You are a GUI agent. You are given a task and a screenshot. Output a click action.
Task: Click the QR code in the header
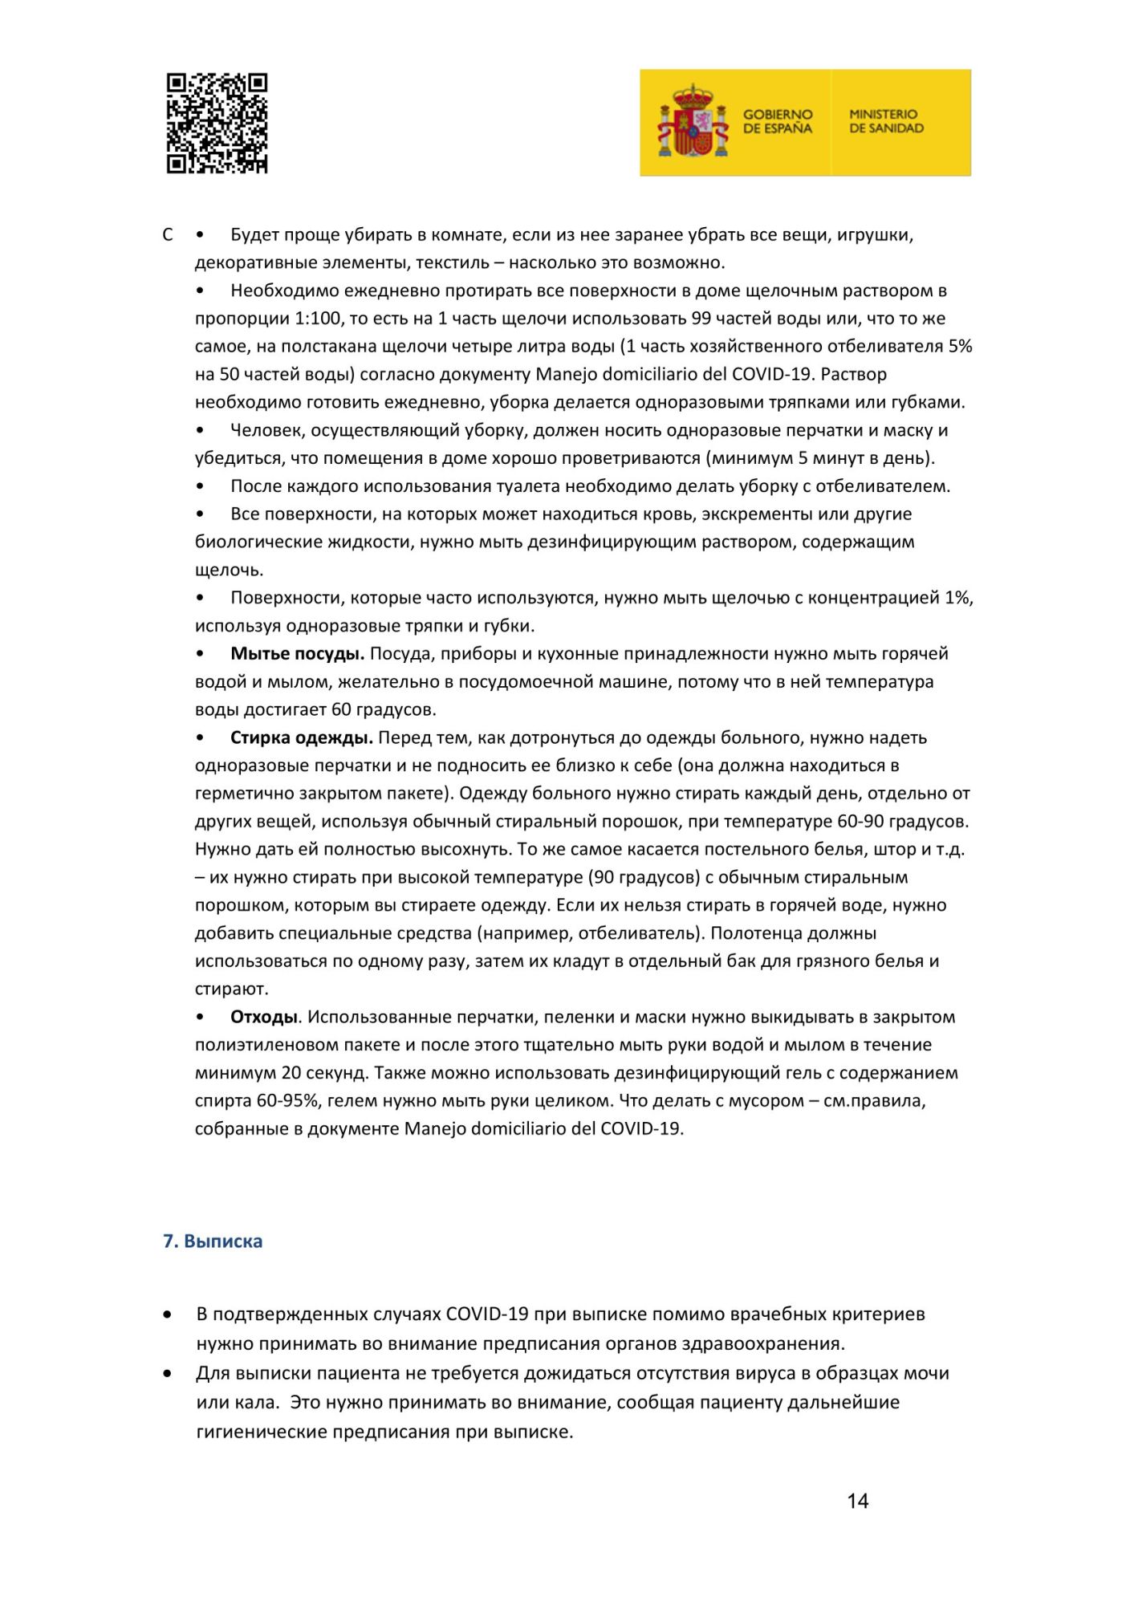(x=217, y=124)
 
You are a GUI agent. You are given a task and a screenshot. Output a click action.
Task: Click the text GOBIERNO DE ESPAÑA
(x=777, y=121)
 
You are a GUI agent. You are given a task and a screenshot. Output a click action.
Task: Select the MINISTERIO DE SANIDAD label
(x=886, y=121)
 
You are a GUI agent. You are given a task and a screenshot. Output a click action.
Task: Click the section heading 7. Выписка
(x=213, y=1241)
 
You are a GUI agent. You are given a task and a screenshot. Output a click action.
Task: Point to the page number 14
(x=857, y=1501)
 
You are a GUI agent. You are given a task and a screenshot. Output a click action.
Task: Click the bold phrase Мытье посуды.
(x=297, y=653)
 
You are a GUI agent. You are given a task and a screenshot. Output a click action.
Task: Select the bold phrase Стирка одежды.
(x=302, y=737)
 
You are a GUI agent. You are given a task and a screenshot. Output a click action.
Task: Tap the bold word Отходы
(x=264, y=1017)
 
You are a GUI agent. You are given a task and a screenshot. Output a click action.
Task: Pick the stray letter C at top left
(x=168, y=235)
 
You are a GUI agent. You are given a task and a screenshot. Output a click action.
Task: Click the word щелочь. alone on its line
(x=229, y=571)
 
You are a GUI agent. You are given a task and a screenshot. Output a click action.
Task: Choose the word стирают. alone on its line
(x=232, y=989)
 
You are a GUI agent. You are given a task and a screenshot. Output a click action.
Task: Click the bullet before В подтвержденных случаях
(x=167, y=1314)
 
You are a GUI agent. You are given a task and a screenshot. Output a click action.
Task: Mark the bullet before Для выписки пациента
(x=167, y=1373)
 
